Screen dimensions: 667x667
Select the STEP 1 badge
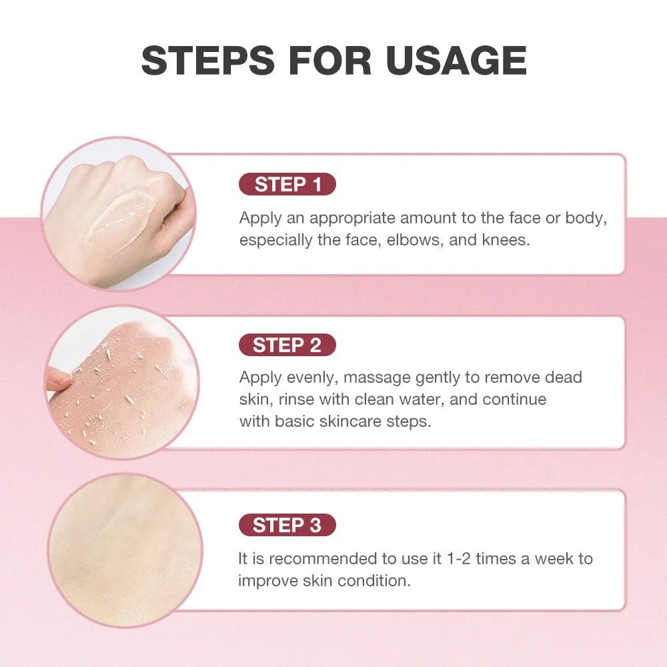point(287,185)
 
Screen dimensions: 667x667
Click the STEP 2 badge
point(287,345)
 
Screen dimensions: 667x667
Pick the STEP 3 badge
point(287,526)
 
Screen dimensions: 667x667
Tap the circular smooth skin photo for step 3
point(124,550)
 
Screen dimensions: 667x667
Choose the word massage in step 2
point(378,378)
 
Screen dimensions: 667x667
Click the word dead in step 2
point(563,378)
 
